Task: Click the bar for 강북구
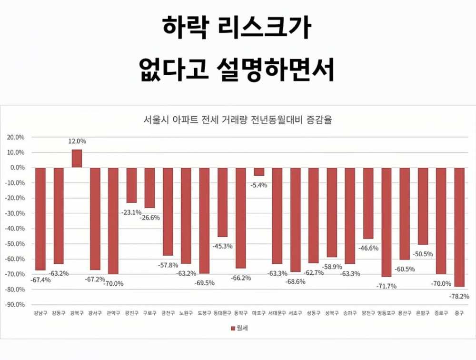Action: [77, 159]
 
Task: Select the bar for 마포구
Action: [258, 172]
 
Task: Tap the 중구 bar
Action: [459, 227]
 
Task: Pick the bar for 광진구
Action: [131, 185]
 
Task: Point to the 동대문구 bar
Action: [222, 202]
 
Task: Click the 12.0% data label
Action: [77, 141]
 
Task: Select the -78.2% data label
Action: [459, 296]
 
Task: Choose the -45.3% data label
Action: [223, 246]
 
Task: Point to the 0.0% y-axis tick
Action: [17, 168]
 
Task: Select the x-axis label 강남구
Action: [40, 313]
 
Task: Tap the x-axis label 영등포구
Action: [386, 313]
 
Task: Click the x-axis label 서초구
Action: [295, 313]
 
